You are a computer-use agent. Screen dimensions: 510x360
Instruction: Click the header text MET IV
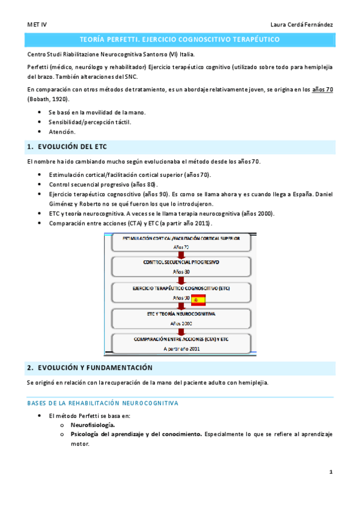pos(37,24)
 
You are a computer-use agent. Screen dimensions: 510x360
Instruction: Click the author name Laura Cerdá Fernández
pos(302,24)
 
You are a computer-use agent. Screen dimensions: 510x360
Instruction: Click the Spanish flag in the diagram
pos(198,300)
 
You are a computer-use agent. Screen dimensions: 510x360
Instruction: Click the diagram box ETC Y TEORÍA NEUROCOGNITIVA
pos(181,318)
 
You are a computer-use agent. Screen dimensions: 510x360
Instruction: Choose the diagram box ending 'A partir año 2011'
pos(181,343)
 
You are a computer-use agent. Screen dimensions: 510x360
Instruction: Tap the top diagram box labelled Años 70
pos(181,242)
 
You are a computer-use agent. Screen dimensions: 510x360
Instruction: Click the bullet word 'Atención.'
pos(62,132)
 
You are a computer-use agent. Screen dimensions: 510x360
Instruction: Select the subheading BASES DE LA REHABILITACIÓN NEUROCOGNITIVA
pos(102,403)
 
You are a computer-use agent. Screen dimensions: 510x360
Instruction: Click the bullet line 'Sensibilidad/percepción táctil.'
pos(90,122)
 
